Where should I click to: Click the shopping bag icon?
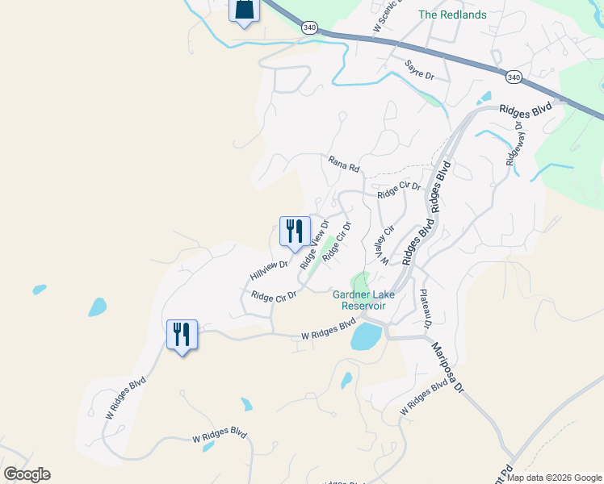[x=244, y=10]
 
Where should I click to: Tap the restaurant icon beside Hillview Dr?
[x=294, y=231]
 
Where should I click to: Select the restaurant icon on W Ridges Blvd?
[x=181, y=334]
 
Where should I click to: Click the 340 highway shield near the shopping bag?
[x=309, y=27]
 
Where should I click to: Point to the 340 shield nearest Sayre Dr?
[x=514, y=77]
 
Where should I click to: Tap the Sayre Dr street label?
[x=420, y=69]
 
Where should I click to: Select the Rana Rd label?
[x=343, y=163]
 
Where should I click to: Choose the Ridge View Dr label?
[x=314, y=245]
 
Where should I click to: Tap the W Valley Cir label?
[x=379, y=246]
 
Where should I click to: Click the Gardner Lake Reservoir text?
[x=364, y=300]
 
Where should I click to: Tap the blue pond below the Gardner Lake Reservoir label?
[x=367, y=336]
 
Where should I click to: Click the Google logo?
[x=27, y=474]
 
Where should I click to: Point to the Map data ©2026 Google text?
[x=554, y=478]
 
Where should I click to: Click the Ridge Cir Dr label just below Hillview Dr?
[x=274, y=296]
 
